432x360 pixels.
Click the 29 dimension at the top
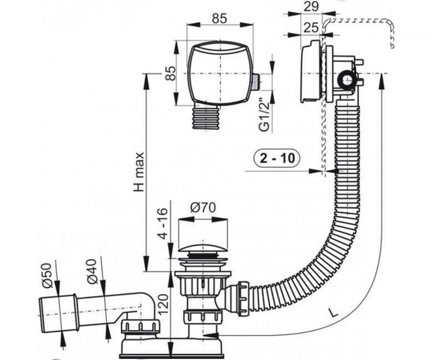pyautogui.click(x=311, y=6)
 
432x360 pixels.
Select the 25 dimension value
pyautogui.click(x=311, y=28)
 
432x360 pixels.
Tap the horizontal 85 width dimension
pyautogui.click(x=219, y=18)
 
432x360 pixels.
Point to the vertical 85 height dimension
pyautogui.click(x=171, y=73)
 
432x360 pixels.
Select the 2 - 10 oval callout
pyautogui.click(x=277, y=158)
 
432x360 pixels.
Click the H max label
pyautogui.click(x=139, y=172)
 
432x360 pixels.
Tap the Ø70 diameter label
pyautogui.click(x=203, y=208)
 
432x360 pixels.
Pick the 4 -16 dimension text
pyautogui.click(x=163, y=223)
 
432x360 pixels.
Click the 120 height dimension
pyautogui.click(x=163, y=304)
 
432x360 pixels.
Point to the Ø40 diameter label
pyautogui.click(x=92, y=271)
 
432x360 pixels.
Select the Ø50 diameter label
pyautogui.click(x=47, y=275)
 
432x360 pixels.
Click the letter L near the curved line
pyautogui.click(x=334, y=312)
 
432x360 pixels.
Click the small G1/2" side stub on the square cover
pyautogui.click(x=256, y=81)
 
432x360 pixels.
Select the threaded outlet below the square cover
pyautogui.click(x=207, y=117)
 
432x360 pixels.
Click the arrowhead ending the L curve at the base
pyautogui.click(x=210, y=336)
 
